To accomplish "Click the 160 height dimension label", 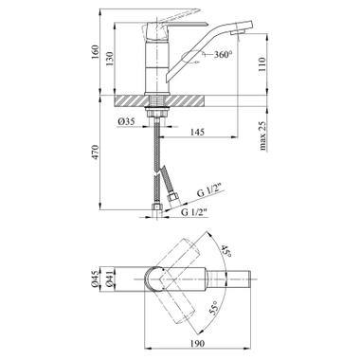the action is (x=96, y=53).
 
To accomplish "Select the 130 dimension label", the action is (x=110, y=58).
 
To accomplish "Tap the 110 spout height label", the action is (x=262, y=64).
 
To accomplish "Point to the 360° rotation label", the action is (x=224, y=55).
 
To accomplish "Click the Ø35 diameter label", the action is (x=126, y=121).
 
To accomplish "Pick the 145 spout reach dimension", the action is (x=197, y=132).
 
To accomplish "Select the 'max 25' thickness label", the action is (x=262, y=135).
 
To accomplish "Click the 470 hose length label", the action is (x=96, y=153).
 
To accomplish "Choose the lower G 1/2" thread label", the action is (x=194, y=212).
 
